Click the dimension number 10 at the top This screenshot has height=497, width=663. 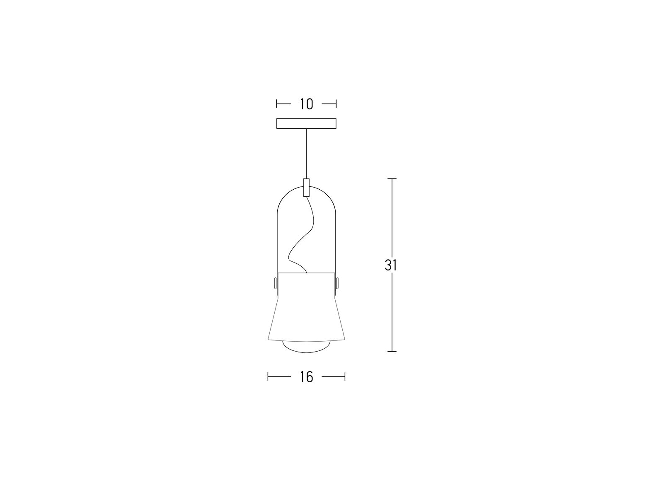click(x=306, y=104)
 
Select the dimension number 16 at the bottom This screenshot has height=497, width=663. click(x=306, y=377)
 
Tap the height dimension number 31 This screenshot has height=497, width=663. click(x=391, y=265)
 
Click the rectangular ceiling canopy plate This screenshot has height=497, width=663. click(x=306, y=123)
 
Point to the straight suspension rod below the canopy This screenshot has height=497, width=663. click(x=306, y=154)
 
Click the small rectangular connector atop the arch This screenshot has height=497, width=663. click(x=306, y=188)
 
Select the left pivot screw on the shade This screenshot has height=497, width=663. click(x=275, y=283)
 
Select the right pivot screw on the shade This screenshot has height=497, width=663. click(x=337, y=283)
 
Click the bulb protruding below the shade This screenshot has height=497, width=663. click(x=306, y=347)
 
